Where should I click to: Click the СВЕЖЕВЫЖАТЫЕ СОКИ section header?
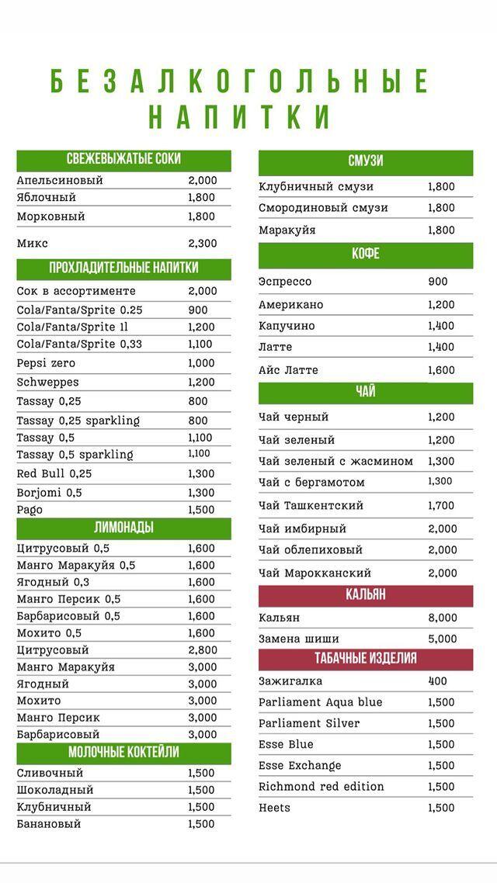point(123,159)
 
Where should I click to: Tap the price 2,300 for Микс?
point(202,244)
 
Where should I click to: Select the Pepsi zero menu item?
point(46,363)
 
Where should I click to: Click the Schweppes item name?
point(48,383)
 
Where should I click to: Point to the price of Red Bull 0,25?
point(201,473)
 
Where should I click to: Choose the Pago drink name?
point(30,511)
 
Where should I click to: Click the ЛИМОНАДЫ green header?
point(123,528)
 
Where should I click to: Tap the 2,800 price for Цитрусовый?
point(202,650)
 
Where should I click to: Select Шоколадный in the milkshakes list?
point(55,790)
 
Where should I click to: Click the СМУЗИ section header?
point(366,161)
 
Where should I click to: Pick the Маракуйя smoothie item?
point(287,230)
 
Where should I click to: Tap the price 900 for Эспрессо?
point(438,282)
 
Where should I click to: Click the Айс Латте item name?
point(289,371)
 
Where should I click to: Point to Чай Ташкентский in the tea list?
point(311,506)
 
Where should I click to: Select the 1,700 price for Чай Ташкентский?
point(441,506)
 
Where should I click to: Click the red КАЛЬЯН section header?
point(366,596)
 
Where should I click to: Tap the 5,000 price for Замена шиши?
point(443,639)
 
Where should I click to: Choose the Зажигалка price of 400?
point(438,681)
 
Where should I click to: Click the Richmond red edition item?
point(321,787)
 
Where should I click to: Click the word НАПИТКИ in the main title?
point(239,116)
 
